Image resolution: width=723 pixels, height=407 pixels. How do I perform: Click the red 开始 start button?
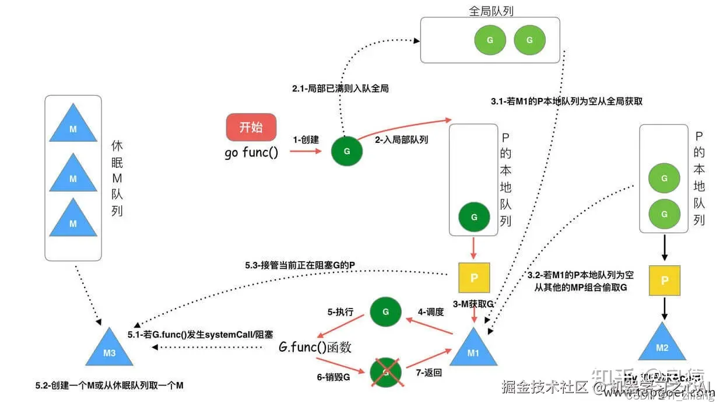(251, 127)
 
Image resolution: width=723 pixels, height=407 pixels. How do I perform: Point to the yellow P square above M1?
(474, 278)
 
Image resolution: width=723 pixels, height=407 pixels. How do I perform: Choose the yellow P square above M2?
(664, 280)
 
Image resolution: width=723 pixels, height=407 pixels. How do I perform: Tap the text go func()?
(251, 153)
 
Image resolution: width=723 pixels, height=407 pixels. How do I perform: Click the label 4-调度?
(431, 312)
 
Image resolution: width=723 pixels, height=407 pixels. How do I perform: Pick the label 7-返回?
(429, 373)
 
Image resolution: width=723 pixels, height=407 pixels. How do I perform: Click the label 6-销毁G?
(334, 377)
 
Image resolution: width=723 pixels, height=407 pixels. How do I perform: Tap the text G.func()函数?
(315, 347)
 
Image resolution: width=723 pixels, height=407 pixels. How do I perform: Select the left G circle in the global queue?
(490, 40)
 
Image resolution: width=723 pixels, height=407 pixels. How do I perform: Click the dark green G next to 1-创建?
(347, 151)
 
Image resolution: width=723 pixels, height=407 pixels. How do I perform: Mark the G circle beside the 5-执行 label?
(385, 312)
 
